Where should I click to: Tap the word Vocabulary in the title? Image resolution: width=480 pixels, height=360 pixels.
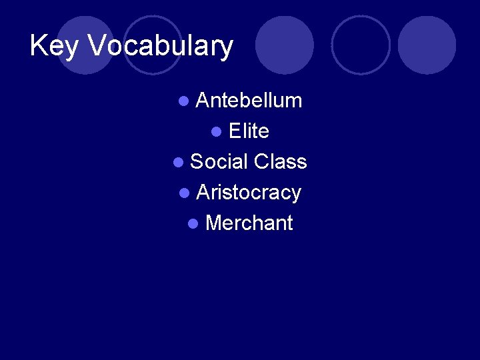click(160, 47)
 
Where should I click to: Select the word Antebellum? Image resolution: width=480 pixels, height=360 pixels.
click(249, 101)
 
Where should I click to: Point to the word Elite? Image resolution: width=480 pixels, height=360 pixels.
click(249, 131)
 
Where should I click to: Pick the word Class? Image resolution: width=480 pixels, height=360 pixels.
click(281, 162)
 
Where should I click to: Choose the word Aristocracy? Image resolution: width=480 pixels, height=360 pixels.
click(249, 193)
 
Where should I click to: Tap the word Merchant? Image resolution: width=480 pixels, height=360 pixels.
click(249, 223)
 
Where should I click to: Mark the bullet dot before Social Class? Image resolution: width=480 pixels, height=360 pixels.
click(178, 163)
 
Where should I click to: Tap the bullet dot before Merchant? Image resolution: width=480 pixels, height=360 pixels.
click(193, 224)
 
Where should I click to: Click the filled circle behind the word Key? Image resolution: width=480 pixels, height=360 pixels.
click(85, 45)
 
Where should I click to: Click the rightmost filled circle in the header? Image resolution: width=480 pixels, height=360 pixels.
click(427, 45)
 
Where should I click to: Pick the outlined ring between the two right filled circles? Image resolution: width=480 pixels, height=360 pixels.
click(361, 45)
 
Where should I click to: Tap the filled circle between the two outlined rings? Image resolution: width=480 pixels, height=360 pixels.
click(285, 45)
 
